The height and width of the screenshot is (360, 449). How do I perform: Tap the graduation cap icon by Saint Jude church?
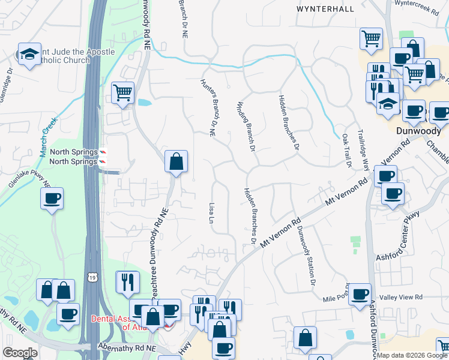29,54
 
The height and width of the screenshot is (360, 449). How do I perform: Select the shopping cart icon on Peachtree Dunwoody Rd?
122,93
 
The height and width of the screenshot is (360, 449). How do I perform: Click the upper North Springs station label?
73,152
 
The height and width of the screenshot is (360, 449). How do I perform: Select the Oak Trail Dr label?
346,151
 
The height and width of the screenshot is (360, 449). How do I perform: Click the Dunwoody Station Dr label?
306,250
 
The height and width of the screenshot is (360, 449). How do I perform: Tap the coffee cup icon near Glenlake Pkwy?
52,198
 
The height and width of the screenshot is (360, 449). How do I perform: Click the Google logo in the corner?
19,353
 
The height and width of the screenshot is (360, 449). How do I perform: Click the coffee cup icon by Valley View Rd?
359,294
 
